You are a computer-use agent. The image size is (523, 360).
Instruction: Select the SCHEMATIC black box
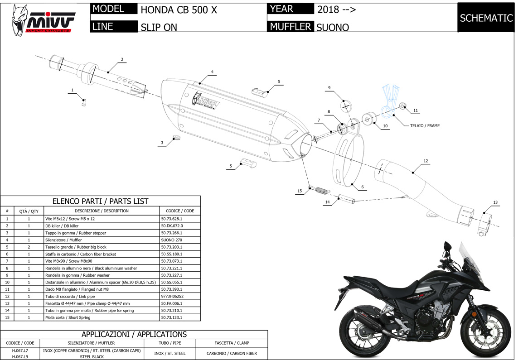click(x=486, y=18)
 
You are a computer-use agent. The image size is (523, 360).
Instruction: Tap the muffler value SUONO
click(x=332, y=27)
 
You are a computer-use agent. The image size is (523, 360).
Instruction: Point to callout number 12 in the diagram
click(x=426, y=161)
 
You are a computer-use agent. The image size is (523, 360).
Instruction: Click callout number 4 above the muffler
click(x=212, y=72)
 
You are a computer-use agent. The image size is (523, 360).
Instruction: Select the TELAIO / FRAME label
click(x=422, y=126)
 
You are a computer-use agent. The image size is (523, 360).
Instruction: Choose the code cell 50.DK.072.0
click(x=172, y=226)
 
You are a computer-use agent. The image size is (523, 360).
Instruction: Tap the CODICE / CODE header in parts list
click(x=180, y=211)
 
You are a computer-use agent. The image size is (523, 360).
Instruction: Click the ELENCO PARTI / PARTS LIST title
click(x=100, y=201)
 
